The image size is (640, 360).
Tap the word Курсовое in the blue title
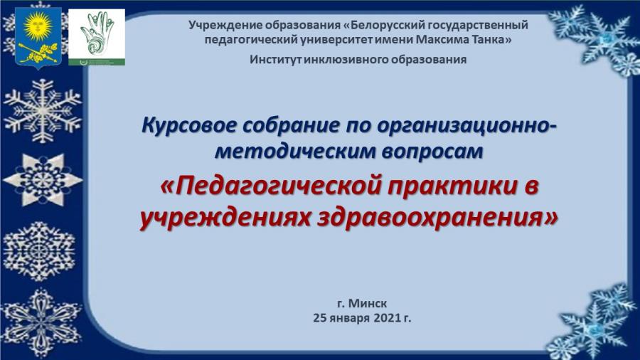189,125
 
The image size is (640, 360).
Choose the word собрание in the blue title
292,125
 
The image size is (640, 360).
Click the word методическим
294,151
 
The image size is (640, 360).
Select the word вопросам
432,152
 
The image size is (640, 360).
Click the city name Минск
368,303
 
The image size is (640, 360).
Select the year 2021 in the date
386,318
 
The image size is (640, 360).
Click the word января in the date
349,318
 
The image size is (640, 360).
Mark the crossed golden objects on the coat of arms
38,53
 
